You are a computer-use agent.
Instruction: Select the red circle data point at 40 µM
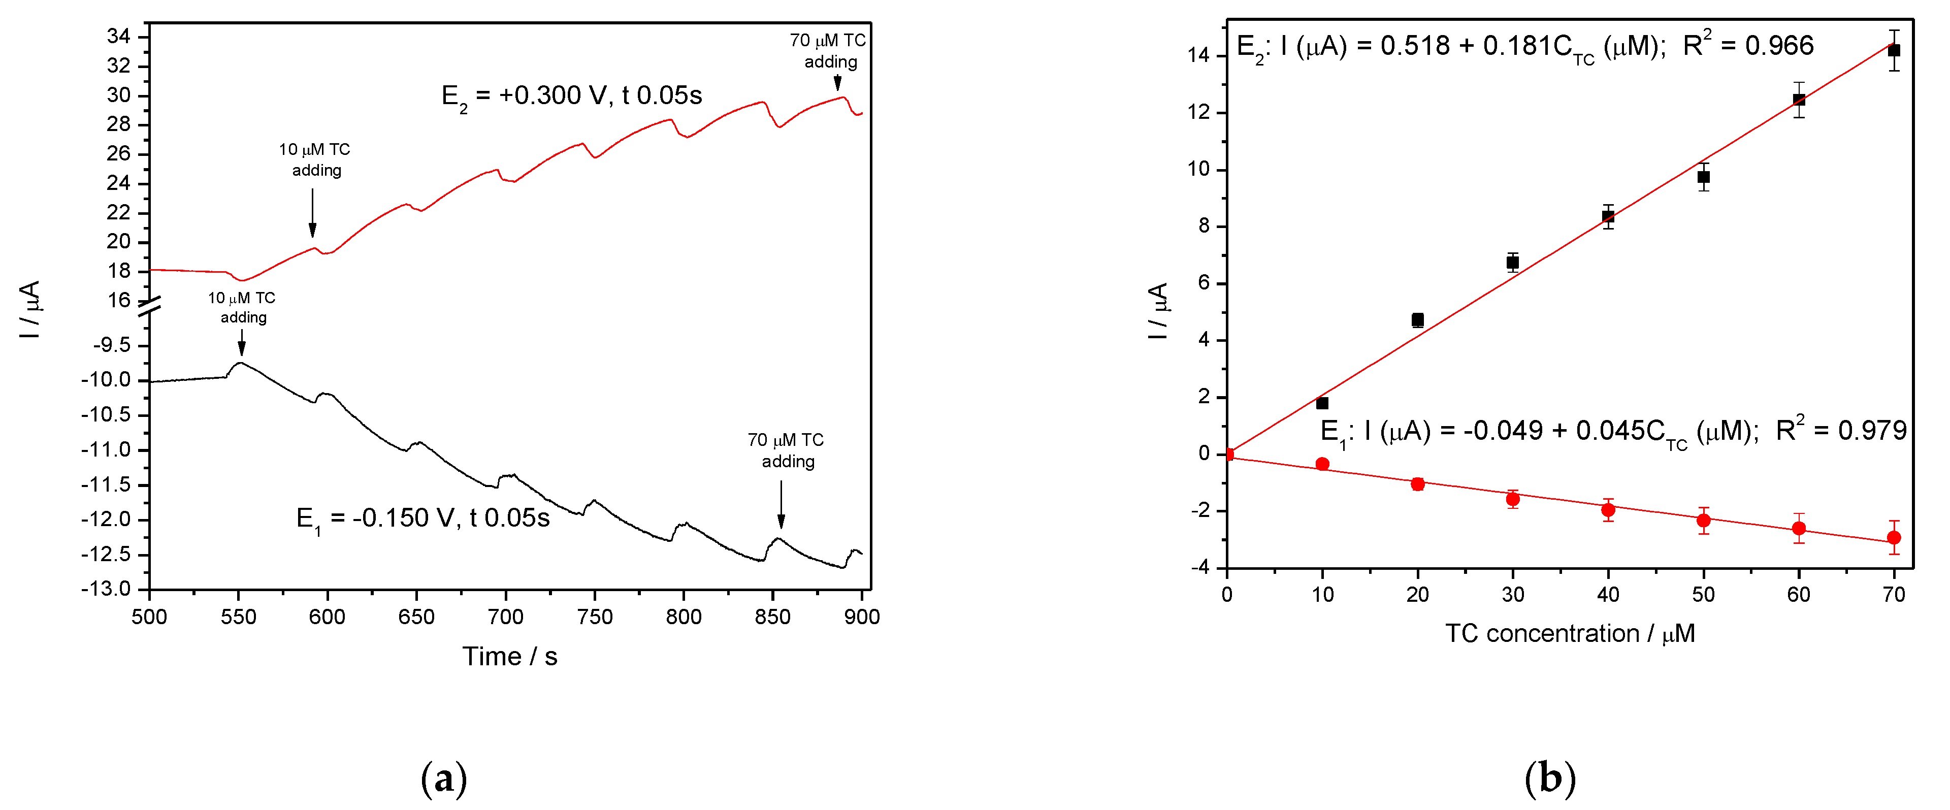(1608, 509)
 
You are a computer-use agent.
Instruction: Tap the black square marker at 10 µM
(1322, 403)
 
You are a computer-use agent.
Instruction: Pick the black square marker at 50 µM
(1703, 177)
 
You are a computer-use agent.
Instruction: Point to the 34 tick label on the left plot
(118, 37)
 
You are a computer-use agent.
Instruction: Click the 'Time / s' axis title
(509, 656)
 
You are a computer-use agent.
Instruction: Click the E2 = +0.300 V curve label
(571, 95)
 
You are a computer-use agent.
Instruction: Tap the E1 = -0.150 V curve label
(422, 519)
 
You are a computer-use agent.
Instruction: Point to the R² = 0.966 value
(1748, 45)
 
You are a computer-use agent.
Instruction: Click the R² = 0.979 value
(1840, 430)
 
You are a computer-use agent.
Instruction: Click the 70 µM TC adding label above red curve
(828, 51)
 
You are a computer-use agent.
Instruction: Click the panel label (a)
(444, 778)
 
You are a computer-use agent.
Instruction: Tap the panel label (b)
(1549, 778)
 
